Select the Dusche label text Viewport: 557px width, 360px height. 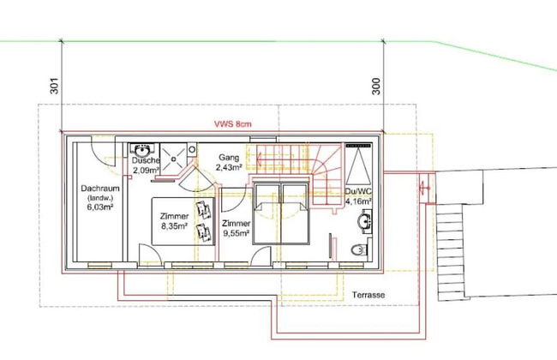[x=147, y=160]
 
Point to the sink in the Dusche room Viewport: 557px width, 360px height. [x=141, y=150]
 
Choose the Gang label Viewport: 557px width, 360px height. [x=229, y=158]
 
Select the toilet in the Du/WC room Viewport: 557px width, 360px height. [x=362, y=251]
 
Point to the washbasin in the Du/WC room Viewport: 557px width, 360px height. [x=366, y=222]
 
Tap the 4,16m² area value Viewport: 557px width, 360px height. [x=358, y=202]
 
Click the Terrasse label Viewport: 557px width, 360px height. [x=368, y=295]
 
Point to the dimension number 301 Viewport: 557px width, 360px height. [x=53, y=87]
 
